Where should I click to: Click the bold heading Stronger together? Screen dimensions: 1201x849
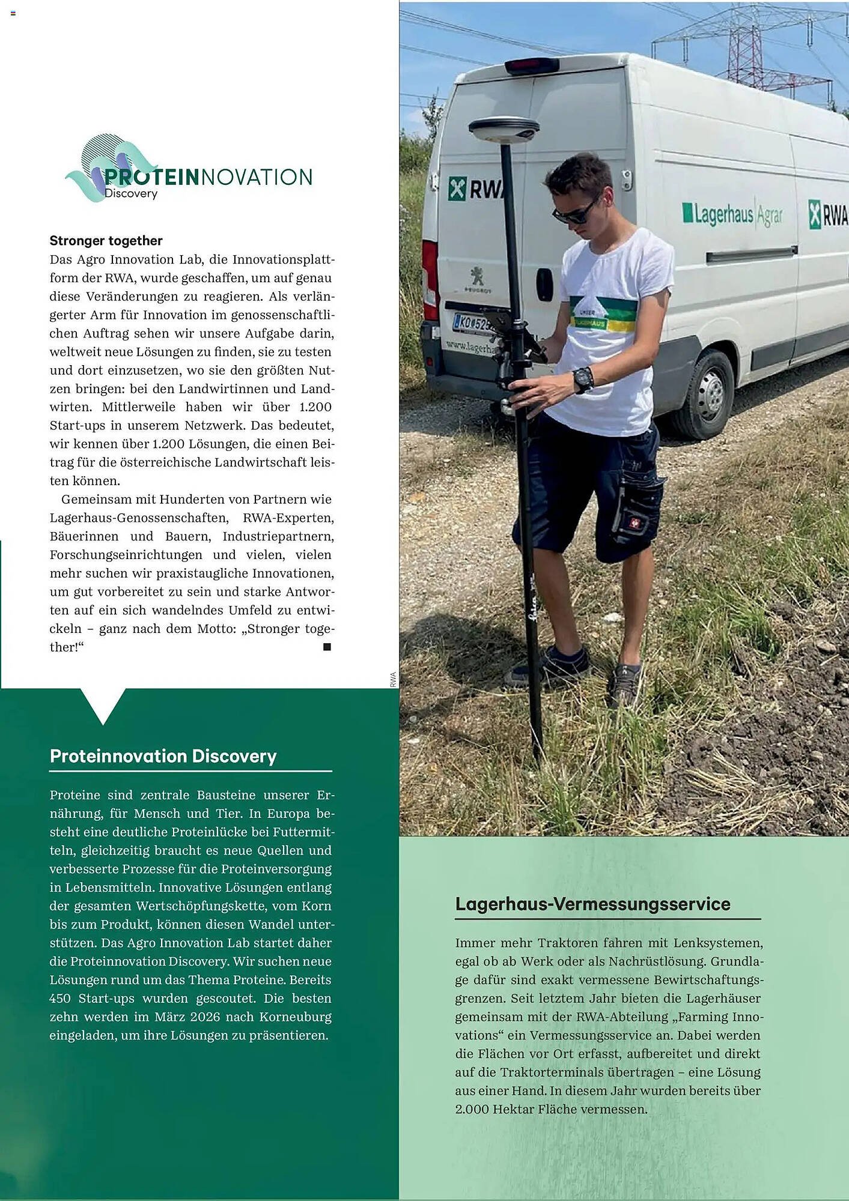pyautogui.click(x=106, y=241)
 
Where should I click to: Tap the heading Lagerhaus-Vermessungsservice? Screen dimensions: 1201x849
pyautogui.click(x=592, y=904)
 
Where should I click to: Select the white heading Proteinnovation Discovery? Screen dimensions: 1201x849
pyautogui.click(x=163, y=756)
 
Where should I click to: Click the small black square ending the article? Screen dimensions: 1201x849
pyautogui.click(x=327, y=647)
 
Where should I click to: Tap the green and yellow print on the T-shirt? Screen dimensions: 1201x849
pyautogui.click(x=603, y=313)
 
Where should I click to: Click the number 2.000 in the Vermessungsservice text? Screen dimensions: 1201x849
pyautogui.click(x=472, y=1109)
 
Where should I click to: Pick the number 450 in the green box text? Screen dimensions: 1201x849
pyautogui.click(x=60, y=999)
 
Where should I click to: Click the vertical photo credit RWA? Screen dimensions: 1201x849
pyautogui.click(x=393, y=679)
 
